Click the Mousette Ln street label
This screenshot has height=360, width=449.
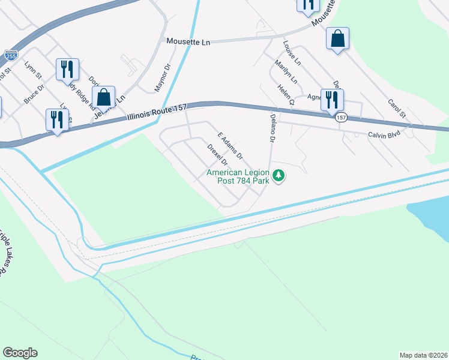[x=188, y=41]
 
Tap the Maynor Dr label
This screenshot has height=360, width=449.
[x=163, y=77]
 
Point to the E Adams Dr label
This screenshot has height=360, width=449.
[x=230, y=146]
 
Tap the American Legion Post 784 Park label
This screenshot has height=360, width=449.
[x=237, y=177]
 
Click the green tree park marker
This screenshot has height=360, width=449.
[x=278, y=176]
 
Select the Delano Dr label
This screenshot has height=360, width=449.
[x=272, y=128]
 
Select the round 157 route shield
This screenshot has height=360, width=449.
[x=341, y=118]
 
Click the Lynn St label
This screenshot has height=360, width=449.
[x=32, y=70]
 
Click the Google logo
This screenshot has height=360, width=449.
[x=20, y=353]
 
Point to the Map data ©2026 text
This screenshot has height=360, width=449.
[x=423, y=355]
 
